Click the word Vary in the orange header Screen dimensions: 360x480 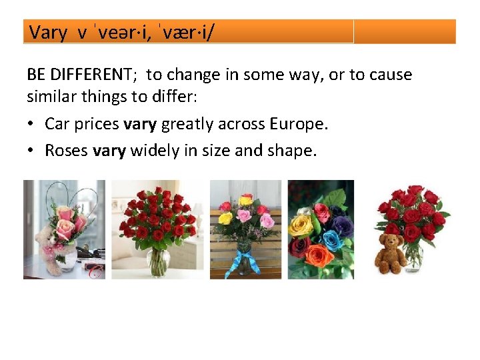point(47,33)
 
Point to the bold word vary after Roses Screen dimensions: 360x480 point(109,151)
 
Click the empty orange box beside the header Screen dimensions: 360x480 point(404,31)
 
